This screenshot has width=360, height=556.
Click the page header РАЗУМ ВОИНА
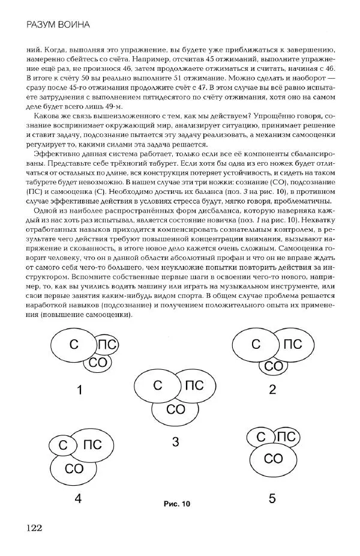pyautogui.click(x=58, y=25)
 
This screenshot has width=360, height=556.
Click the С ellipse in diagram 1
pyautogui.click(x=74, y=345)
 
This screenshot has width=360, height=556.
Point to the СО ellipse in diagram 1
pyautogui.click(x=97, y=363)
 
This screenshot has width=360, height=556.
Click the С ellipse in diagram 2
pyautogui.click(x=256, y=345)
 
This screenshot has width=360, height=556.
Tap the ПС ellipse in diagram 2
pyautogui.click(x=293, y=345)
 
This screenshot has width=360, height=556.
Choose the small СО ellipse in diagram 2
pyautogui.click(x=274, y=366)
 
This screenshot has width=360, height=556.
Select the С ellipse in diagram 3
pyautogui.click(x=157, y=387)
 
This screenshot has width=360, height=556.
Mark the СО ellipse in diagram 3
pyautogui.click(x=175, y=410)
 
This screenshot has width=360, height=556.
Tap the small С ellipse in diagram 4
pyautogui.click(x=62, y=445)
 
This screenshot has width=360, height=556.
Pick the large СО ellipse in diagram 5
pyautogui.click(x=274, y=459)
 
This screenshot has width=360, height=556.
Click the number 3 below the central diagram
pyautogui.click(x=175, y=443)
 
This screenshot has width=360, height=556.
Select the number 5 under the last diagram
pyautogui.click(x=272, y=498)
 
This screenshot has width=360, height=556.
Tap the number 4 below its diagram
pyautogui.click(x=78, y=498)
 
